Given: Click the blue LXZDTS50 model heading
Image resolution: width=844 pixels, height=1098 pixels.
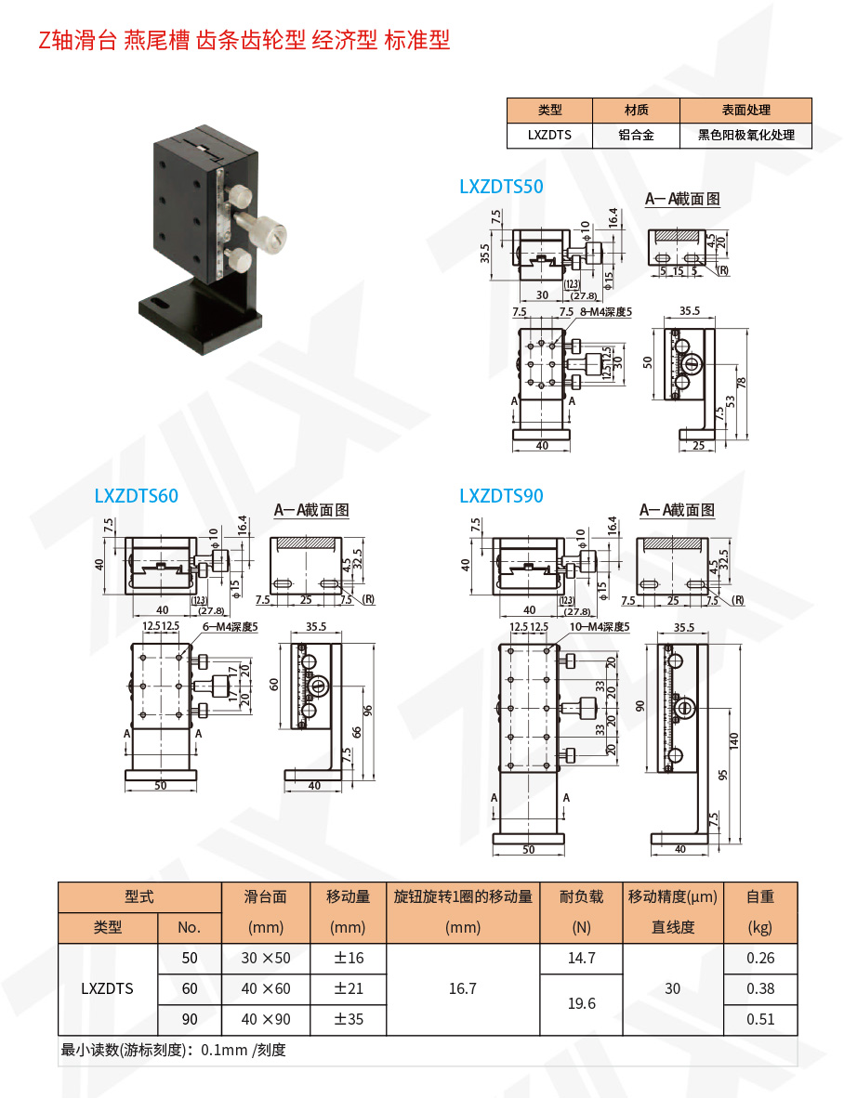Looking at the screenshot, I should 501,187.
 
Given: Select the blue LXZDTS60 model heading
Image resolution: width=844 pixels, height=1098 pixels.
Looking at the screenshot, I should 136,496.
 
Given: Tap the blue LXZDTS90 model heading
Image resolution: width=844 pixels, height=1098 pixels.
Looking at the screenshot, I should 501,496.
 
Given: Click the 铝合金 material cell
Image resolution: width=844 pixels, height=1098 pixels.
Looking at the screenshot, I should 636,135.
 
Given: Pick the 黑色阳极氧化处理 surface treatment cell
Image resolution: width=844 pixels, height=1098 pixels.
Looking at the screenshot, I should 745,135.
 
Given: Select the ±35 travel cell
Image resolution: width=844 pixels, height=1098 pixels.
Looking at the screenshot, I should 349,1019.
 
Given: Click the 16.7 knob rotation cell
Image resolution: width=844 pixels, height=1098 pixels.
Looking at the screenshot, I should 462,988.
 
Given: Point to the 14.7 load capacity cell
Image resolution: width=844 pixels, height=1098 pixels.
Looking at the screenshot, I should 581,958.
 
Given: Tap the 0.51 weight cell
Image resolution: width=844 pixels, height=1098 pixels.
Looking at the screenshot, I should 759,1019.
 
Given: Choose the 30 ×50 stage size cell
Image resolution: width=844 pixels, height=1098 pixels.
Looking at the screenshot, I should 266,958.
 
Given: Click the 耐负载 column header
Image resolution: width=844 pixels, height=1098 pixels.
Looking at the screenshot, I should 581,896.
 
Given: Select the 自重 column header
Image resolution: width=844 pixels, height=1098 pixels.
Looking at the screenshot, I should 759,896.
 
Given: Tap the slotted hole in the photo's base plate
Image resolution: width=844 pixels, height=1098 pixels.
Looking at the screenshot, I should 156,303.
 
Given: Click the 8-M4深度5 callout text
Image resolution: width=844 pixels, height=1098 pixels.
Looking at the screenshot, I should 605,312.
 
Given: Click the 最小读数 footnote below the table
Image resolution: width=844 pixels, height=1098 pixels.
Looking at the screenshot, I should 173,1051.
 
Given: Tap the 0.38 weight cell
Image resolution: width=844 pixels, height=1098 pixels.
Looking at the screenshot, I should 759,988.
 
